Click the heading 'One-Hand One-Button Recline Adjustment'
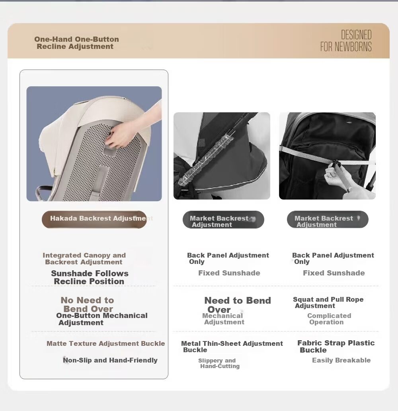[x=76, y=43]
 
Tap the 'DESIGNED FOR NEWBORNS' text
[x=346, y=41]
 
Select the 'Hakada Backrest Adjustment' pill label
[x=94, y=219]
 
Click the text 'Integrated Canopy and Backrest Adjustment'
[x=84, y=258]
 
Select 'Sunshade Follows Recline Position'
[x=90, y=277]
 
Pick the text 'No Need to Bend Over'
[x=88, y=304]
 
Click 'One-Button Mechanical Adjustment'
[x=101, y=319]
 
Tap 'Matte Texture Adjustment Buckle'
[x=106, y=343]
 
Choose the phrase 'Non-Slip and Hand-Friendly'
[x=110, y=360]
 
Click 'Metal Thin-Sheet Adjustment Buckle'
[x=232, y=347]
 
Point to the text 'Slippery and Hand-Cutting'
[x=219, y=363]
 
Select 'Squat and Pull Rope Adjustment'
[x=328, y=302]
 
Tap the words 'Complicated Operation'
[x=329, y=319]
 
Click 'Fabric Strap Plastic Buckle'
[x=336, y=346]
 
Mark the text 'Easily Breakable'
[x=341, y=360]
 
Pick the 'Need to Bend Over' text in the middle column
[x=237, y=304]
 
